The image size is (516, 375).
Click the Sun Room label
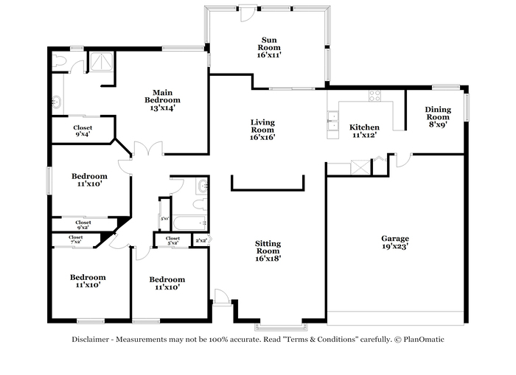268,46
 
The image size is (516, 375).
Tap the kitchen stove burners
375,95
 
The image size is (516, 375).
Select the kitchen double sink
332,121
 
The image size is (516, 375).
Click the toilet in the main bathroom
60,59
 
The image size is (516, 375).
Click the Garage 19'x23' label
395,243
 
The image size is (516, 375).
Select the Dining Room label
437,117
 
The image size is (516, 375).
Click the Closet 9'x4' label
83,131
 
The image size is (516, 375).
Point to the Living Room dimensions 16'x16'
262,137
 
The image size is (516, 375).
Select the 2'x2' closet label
201,240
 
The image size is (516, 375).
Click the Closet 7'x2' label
77,239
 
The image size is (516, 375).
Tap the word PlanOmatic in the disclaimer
422,340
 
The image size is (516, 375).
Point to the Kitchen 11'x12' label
364,130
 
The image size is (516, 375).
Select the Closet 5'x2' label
172,240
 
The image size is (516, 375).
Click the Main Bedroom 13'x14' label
163,99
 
